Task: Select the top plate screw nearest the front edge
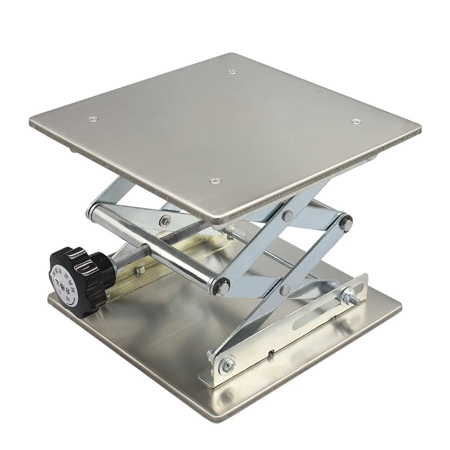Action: click(x=214, y=181)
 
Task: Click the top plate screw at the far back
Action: click(x=232, y=72)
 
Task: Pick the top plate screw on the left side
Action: click(x=93, y=119)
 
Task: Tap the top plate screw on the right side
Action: click(x=355, y=121)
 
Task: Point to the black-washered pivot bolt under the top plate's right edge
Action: click(x=345, y=223)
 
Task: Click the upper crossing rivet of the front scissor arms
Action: click(x=288, y=215)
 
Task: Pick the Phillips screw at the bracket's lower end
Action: click(x=228, y=366)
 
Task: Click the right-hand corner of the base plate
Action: click(x=400, y=307)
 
